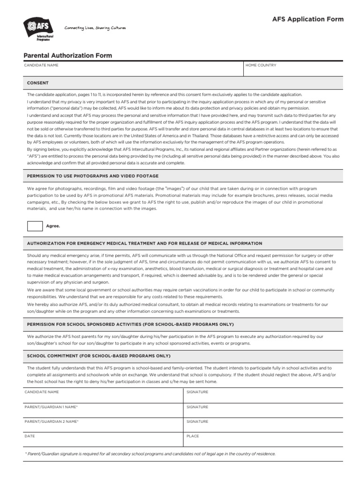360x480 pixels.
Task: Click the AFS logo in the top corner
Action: tap(39, 30)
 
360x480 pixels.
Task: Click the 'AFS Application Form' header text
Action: tap(308, 19)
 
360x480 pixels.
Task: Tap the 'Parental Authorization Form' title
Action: tap(68, 55)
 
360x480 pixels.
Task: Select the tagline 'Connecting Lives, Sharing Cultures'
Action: tap(95, 28)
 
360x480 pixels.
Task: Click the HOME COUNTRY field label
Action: tap(261, 65)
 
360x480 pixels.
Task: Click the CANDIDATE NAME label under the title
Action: tap(41, 65)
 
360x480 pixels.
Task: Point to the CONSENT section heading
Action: tap(38, 83)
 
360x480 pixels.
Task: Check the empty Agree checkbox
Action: tap(35, 225)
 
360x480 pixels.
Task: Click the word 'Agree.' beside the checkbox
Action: tap(53, 226)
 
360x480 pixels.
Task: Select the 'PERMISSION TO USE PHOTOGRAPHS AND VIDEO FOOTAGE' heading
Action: tap(93, 176)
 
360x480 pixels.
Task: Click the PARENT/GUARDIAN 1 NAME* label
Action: tap(51, 406)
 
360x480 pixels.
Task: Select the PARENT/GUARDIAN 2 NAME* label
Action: tap(52, 421)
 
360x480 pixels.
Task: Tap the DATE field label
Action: tap(30, 436)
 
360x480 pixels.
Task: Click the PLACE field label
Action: tap(193, 436)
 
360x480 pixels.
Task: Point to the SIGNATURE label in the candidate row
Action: tap(197, 392)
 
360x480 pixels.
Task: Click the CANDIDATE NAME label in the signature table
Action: tap(42, 392)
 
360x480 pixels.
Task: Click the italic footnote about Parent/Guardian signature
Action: tap(150, 454)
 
